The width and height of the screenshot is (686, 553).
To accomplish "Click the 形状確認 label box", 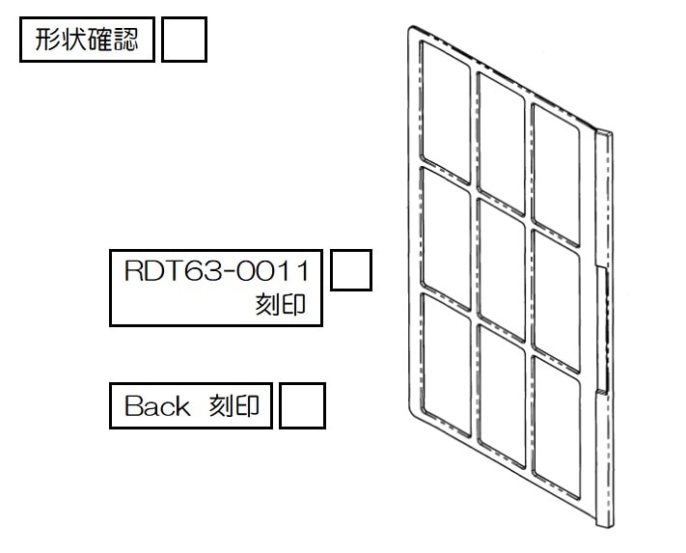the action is (x=87, y=40).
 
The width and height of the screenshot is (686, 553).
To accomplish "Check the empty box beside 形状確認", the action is (x=183, y=40).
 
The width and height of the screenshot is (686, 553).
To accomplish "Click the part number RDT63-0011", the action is (x=216, y=271).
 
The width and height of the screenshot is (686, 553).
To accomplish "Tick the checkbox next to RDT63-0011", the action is (x=351, y=270).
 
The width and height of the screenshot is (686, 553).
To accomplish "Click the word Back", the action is (x=157, y=406).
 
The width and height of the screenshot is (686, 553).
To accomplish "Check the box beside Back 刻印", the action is (x=302, y=405).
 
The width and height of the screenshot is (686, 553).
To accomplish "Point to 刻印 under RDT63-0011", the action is (x=281, y=305).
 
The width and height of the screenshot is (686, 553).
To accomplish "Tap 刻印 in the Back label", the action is (x=234, y=406).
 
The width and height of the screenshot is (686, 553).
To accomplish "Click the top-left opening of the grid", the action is (x=445, y=112).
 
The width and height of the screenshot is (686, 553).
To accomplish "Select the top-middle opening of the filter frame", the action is (x=501, y=144).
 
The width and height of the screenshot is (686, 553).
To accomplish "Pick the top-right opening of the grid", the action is (x=556, y=175).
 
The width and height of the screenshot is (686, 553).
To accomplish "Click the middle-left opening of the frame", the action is (x=445, y=238).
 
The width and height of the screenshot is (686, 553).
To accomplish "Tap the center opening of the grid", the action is (x=501, y=270).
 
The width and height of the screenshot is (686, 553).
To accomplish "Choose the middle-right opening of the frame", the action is (x=556, y=301).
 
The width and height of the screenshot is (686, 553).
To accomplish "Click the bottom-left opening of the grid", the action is (x=446, y=365).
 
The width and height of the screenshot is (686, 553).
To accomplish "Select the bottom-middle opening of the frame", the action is (x=502, y=397).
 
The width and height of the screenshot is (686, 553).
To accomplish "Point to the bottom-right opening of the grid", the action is (x=557, y=428).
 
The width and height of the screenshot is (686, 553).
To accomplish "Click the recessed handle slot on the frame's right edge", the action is (x=602, y=330).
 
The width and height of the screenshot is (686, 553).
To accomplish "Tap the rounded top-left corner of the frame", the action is (x=411, y=29).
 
